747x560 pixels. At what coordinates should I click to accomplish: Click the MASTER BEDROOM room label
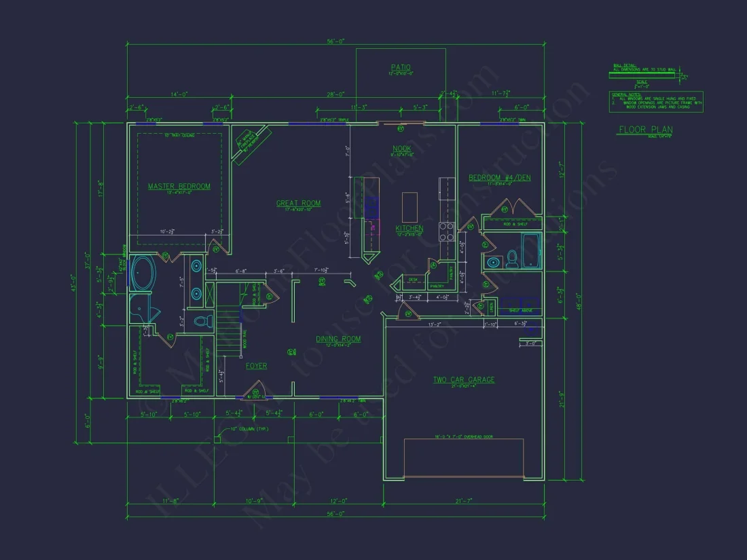click(x=179, y=186)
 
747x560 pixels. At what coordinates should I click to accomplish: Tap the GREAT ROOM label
click(x=298, y=203)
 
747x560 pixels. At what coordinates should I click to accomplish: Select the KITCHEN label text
click(x=409, y=229)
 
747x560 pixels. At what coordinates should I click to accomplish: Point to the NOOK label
click(x=402, y=148)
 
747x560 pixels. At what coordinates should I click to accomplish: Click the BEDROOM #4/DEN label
click(x=499, y=178)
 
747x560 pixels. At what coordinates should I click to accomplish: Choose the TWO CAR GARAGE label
click(x=464, y=379)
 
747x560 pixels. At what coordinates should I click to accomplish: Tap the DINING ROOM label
click(x=338, y=339)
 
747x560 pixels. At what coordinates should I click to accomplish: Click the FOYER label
click(x=256, y=366)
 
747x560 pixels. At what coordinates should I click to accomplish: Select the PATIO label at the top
click(x=401, y=67)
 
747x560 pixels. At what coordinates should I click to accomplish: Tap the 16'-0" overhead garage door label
click(x=464, y=436)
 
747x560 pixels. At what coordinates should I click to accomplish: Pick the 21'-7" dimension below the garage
click(x=464, y=501)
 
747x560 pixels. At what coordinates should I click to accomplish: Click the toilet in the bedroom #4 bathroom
click(x=513, y=258)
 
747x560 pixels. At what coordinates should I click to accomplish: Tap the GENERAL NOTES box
click(x=655, y=101)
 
